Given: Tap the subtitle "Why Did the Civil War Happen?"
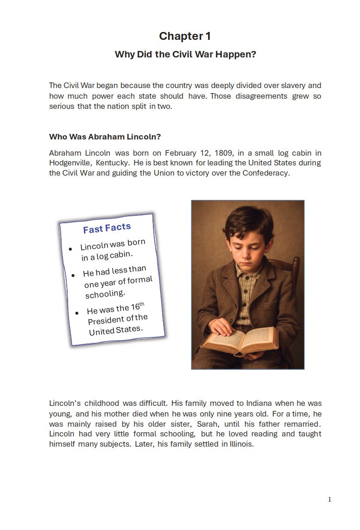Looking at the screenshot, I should (x=185, y=54).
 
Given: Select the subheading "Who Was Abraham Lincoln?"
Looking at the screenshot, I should (x=105, y=137).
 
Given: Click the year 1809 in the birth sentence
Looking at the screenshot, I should (x=224, y=153).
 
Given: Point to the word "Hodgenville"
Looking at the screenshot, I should (x=70, y=163).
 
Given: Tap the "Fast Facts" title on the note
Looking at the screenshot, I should (x=107, y=228).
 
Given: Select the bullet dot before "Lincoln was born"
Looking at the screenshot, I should (x=70, y=249).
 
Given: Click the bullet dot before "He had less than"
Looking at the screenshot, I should (x=73, y=275).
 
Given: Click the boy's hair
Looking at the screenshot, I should (x=248, y=222).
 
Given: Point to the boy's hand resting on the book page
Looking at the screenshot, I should (x=222, y=327).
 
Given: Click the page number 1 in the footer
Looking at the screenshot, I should (x=329, y=499).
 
